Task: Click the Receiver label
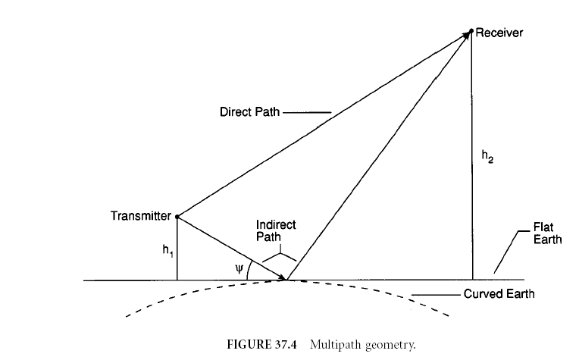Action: [499, 33]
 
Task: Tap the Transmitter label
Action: [141, 216]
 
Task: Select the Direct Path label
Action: [249, 112]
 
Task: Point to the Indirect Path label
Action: [276, 230]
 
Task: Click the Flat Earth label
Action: [547, 233]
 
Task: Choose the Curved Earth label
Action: [499, 294]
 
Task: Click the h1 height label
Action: [167, 251]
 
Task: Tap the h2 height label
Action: [487, 156]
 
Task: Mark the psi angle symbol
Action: [239, 268]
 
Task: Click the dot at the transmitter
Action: [177, 217]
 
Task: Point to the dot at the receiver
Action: [471, 30]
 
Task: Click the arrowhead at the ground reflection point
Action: [282, 277]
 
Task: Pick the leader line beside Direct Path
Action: [307, 112]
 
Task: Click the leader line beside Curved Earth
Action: [436, 295]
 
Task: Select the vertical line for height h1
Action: [177, 249]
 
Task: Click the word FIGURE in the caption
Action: [249, 345]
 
